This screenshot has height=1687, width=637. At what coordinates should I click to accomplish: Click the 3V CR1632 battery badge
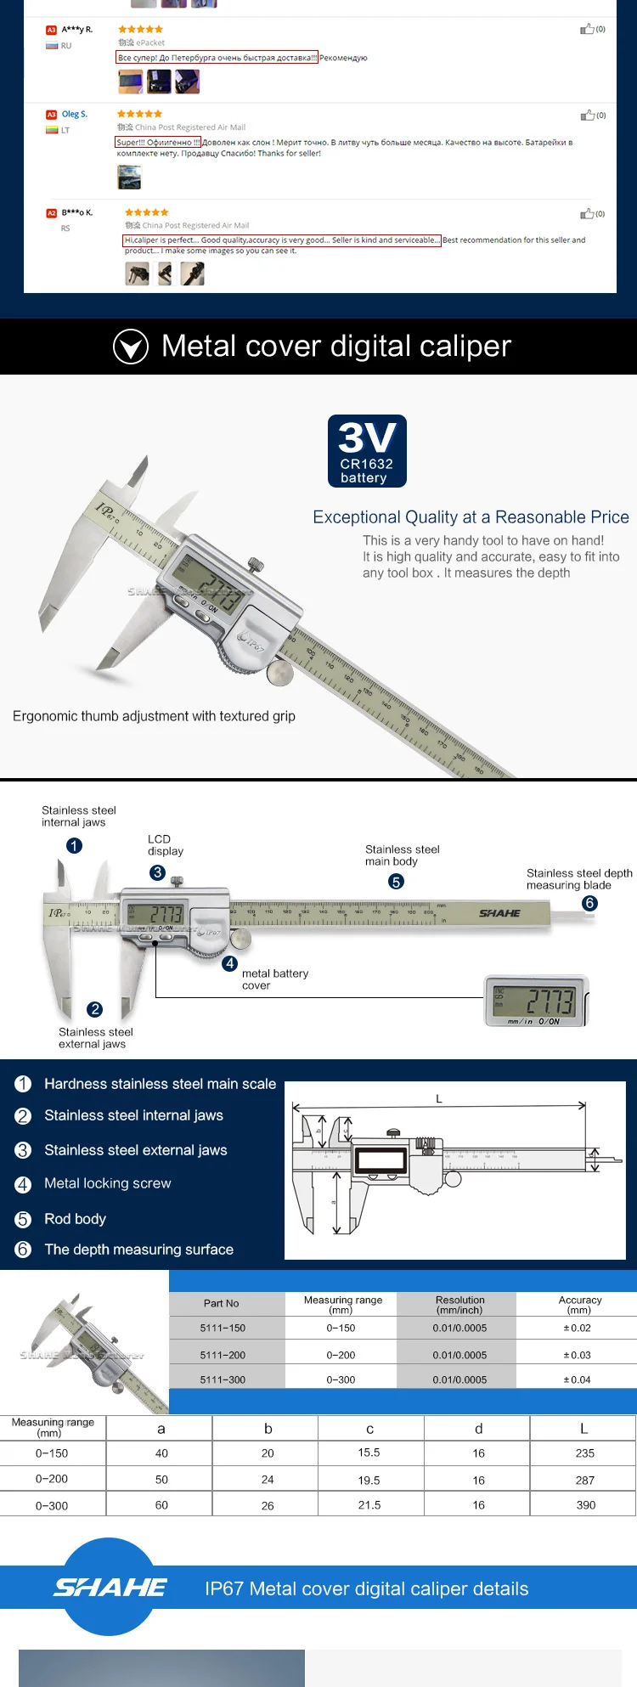367,451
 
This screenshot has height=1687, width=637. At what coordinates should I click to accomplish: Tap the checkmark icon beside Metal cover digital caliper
131,347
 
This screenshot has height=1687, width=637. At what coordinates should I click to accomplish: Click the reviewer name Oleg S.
74,114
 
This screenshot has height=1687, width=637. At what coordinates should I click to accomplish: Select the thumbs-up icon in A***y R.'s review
587,29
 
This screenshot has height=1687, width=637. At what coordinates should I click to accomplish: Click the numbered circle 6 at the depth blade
589,903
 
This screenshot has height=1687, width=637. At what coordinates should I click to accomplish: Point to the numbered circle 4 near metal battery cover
229,963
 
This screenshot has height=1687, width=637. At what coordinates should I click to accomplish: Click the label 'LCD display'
165,845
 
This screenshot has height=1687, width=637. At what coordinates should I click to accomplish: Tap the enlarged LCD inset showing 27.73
536,1001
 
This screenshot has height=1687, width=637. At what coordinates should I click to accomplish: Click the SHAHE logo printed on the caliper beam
499,913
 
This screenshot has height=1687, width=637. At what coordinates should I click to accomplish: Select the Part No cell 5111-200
223,1355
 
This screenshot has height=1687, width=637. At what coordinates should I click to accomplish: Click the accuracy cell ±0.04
577,1380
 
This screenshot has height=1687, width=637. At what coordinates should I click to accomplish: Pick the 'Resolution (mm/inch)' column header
459,1305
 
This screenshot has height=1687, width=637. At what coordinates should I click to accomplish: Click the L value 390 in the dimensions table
585,1504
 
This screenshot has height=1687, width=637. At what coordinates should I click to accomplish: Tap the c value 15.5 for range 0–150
369,1453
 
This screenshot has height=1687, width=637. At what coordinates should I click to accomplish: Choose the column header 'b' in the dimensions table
268,1429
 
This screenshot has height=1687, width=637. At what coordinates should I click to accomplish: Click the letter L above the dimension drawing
439,1098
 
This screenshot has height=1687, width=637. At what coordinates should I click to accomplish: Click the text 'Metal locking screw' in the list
107,1183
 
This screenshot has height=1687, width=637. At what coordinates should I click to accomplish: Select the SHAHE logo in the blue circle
110,1587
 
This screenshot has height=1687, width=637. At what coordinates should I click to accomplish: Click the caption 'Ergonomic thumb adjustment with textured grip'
154,716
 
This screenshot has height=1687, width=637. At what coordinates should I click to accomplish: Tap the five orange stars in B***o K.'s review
146,212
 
